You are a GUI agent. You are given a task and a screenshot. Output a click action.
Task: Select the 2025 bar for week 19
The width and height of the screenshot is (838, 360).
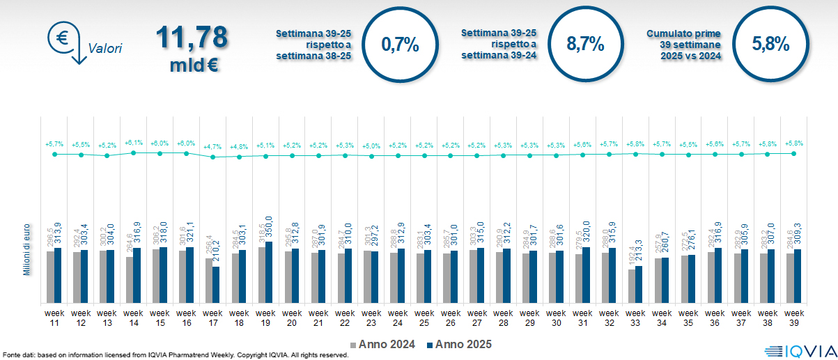270,272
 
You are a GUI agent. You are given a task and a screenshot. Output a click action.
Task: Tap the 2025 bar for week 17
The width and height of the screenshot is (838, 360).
217,285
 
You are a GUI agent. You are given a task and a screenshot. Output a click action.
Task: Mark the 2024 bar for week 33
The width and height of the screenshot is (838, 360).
632,286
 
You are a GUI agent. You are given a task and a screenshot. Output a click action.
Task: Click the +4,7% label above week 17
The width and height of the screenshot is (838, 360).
212,147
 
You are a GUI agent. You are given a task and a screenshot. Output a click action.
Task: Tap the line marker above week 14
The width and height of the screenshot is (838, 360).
133,152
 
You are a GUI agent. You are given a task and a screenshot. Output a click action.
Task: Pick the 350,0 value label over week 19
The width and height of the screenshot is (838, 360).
270,228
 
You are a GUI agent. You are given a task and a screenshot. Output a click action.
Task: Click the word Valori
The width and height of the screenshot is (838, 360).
105,49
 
